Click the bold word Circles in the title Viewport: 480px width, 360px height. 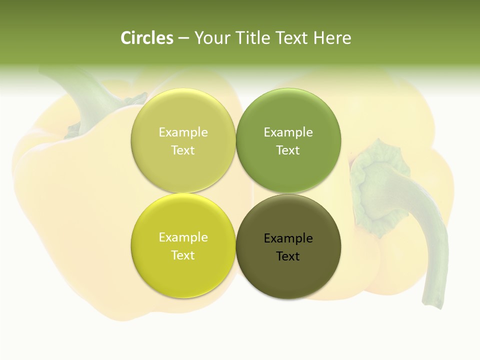147,38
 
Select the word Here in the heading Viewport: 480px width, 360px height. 332,38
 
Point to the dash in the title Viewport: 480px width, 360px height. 183,38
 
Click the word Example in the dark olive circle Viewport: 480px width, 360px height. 288,238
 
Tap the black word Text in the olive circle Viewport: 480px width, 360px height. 288,256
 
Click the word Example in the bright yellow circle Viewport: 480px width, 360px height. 183,237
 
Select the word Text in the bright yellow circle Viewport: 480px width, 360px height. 183,255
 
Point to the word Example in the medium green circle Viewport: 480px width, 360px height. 288,132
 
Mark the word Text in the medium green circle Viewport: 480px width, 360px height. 288,150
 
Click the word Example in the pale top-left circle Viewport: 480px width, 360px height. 183,132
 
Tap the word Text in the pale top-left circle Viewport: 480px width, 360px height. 183,150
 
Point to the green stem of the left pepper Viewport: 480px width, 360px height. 90,95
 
